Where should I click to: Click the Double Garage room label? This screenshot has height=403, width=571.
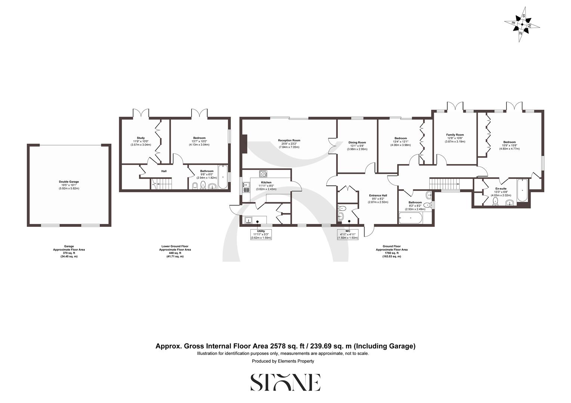69,182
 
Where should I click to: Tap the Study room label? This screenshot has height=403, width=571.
141,138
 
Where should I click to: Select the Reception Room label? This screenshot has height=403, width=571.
289,141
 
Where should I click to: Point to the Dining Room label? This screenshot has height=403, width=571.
357,143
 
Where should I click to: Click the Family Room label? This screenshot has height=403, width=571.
455,135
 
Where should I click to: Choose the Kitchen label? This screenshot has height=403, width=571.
266,182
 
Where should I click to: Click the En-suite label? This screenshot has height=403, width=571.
500,189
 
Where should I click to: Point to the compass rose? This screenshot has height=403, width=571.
522,25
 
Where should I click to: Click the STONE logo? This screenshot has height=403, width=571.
285,382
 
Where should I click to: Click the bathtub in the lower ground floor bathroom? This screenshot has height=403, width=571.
223,177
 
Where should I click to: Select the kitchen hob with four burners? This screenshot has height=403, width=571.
263,174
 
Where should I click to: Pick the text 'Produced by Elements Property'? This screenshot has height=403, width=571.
283,361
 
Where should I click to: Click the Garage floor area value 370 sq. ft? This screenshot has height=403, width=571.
69,253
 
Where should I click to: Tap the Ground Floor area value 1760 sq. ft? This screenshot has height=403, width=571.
392,253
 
